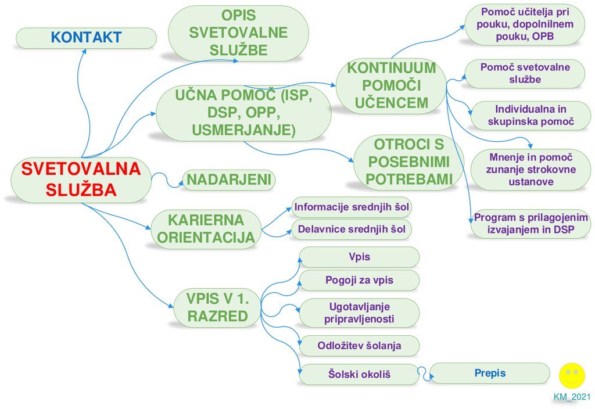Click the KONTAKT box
(86, 38)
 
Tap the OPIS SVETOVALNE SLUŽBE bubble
(238, 33)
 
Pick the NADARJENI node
(229, 180)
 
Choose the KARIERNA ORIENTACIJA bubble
(206, 229)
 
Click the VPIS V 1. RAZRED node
(217, 308)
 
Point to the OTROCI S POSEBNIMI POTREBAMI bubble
(408, 162)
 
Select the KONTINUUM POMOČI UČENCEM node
(391, 86)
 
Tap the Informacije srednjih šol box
(352, 207)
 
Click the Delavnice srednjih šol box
(352, 229)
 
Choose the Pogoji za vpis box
(359, 281)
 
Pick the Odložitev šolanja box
(359, 346)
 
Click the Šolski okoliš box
(359, 375)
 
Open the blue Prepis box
(489, 374)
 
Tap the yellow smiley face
(572, 376)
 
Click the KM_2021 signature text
(572, 397)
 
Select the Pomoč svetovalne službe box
(525, 74)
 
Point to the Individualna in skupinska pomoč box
(531, 116)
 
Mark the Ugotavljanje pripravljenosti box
(359, 313)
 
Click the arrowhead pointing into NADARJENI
(181, 185)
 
